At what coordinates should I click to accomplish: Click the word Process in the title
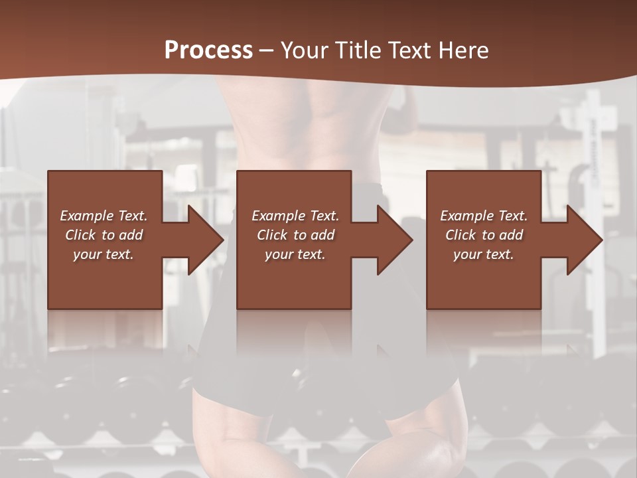point(208,50)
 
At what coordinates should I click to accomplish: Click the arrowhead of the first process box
point(204,240)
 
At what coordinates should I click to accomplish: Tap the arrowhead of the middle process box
point(394,240)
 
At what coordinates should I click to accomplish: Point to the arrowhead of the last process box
point(584,240)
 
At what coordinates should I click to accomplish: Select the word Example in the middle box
point(279,216)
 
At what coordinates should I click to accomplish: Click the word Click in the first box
point(80,235)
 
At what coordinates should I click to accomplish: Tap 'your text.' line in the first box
point(104,254)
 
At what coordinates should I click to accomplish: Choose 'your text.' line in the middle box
point(295,254)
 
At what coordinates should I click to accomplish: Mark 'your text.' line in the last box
point(483,254)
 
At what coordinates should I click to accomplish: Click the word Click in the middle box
point(272,235)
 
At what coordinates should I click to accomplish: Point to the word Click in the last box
point(460,235)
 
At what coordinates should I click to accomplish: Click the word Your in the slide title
point(303,50)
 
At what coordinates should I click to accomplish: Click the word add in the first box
point(131,235)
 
